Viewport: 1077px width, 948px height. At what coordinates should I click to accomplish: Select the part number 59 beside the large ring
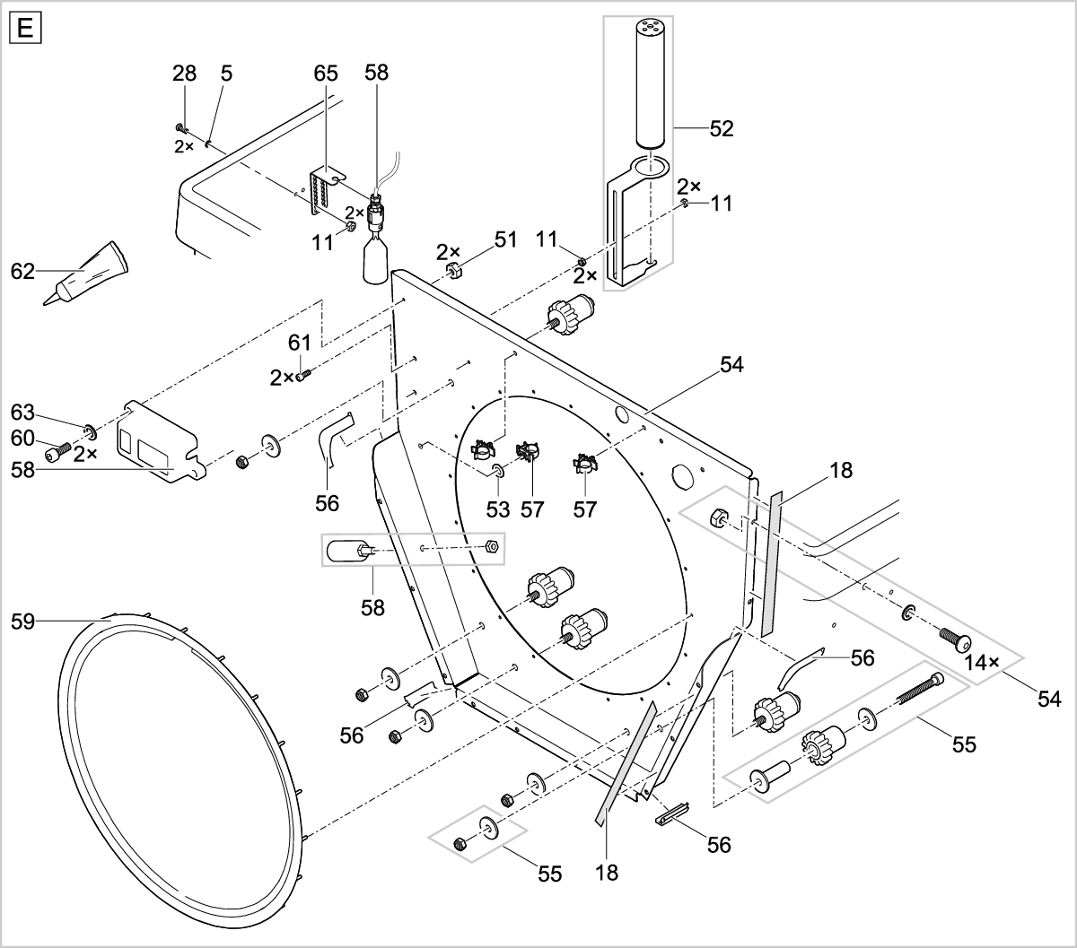pos(26,620)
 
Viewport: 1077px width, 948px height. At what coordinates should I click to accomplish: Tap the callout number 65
pos(326,74)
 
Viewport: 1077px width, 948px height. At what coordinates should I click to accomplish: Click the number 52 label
pos(720,129)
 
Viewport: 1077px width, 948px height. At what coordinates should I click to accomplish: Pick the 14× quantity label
pos(982,662)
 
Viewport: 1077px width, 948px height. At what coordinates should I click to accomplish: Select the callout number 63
pos(23,413)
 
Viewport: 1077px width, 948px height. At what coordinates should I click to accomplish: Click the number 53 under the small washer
pos(498,509)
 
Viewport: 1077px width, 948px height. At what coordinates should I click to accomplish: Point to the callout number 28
pos(184,74)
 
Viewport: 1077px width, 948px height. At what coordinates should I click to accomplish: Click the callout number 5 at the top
pos(226,74)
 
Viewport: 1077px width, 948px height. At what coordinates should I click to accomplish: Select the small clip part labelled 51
pos(454,271)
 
